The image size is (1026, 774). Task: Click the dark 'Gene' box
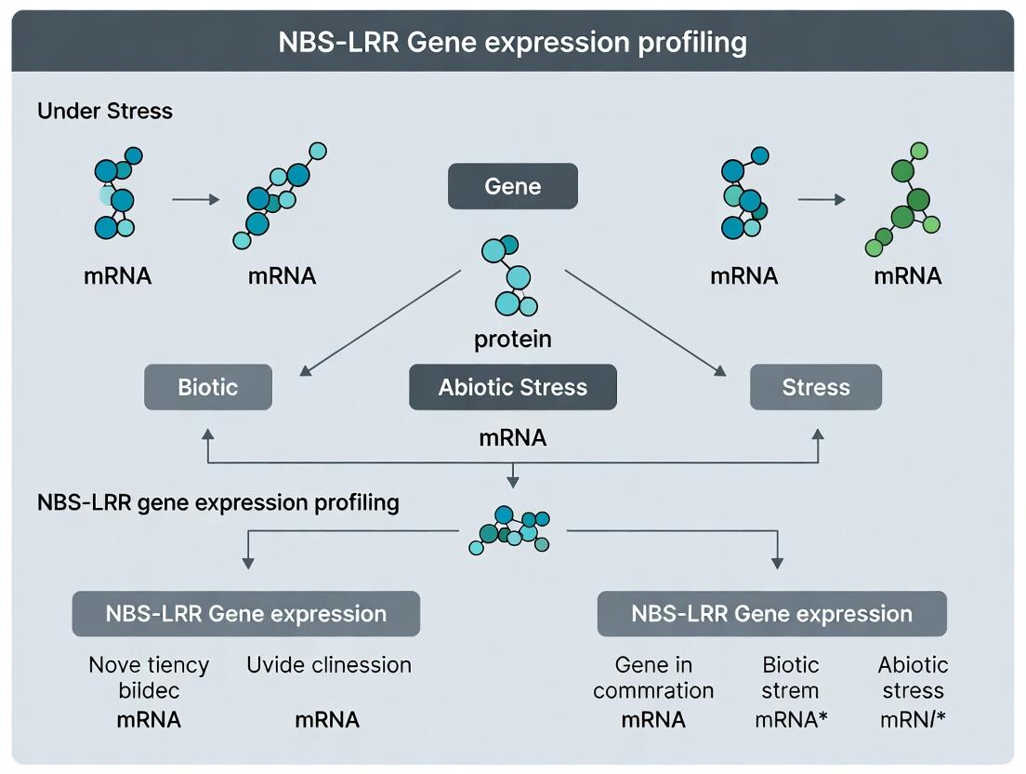(512, 186)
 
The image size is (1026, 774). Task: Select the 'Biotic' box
(208, 387)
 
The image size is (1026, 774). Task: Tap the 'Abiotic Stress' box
(512, 387)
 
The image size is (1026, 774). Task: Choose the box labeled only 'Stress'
(816, 387)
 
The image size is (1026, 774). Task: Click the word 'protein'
(512, 340)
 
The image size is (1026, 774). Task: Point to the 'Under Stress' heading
(105, 111)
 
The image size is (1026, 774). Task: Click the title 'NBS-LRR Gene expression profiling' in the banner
(512, 42)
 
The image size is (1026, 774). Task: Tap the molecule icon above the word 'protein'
(509, 275)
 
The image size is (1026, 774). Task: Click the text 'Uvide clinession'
(328, 664)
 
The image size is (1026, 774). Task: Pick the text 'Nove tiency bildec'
(150, 677)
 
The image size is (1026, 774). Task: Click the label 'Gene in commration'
(653, 677)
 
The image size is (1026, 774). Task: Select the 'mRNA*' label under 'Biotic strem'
(791, 720)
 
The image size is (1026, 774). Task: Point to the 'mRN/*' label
(913, 720)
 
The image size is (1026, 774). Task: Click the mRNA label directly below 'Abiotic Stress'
(512, 437)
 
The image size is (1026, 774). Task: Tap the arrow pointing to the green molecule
(822, 199)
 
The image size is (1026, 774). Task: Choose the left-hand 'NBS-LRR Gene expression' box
(246, 614)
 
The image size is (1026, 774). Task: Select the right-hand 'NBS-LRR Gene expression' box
(772, 614)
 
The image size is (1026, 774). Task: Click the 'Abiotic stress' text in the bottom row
(913, 677)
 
